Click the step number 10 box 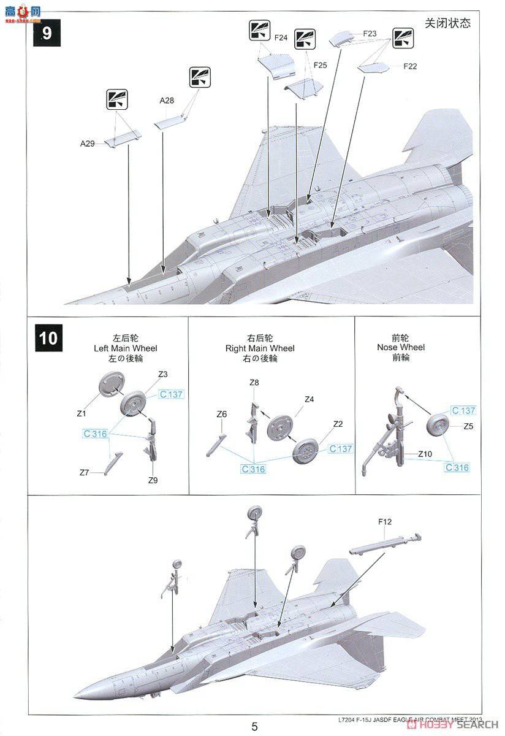[48, 338]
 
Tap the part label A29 [87, 144]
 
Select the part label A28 [167, 100]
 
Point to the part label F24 [281, 37]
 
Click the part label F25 [320, 64]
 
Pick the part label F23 [370, 34]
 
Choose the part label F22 [410, 66]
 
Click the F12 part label [385, 522]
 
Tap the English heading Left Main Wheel [119, 348]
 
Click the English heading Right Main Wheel [260, 348]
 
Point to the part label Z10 [426, 454]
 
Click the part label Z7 [85, 472]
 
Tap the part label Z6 [222, 415]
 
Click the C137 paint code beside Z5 [463, 410]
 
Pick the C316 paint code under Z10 [457, 467]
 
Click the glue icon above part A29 [116, 99]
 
